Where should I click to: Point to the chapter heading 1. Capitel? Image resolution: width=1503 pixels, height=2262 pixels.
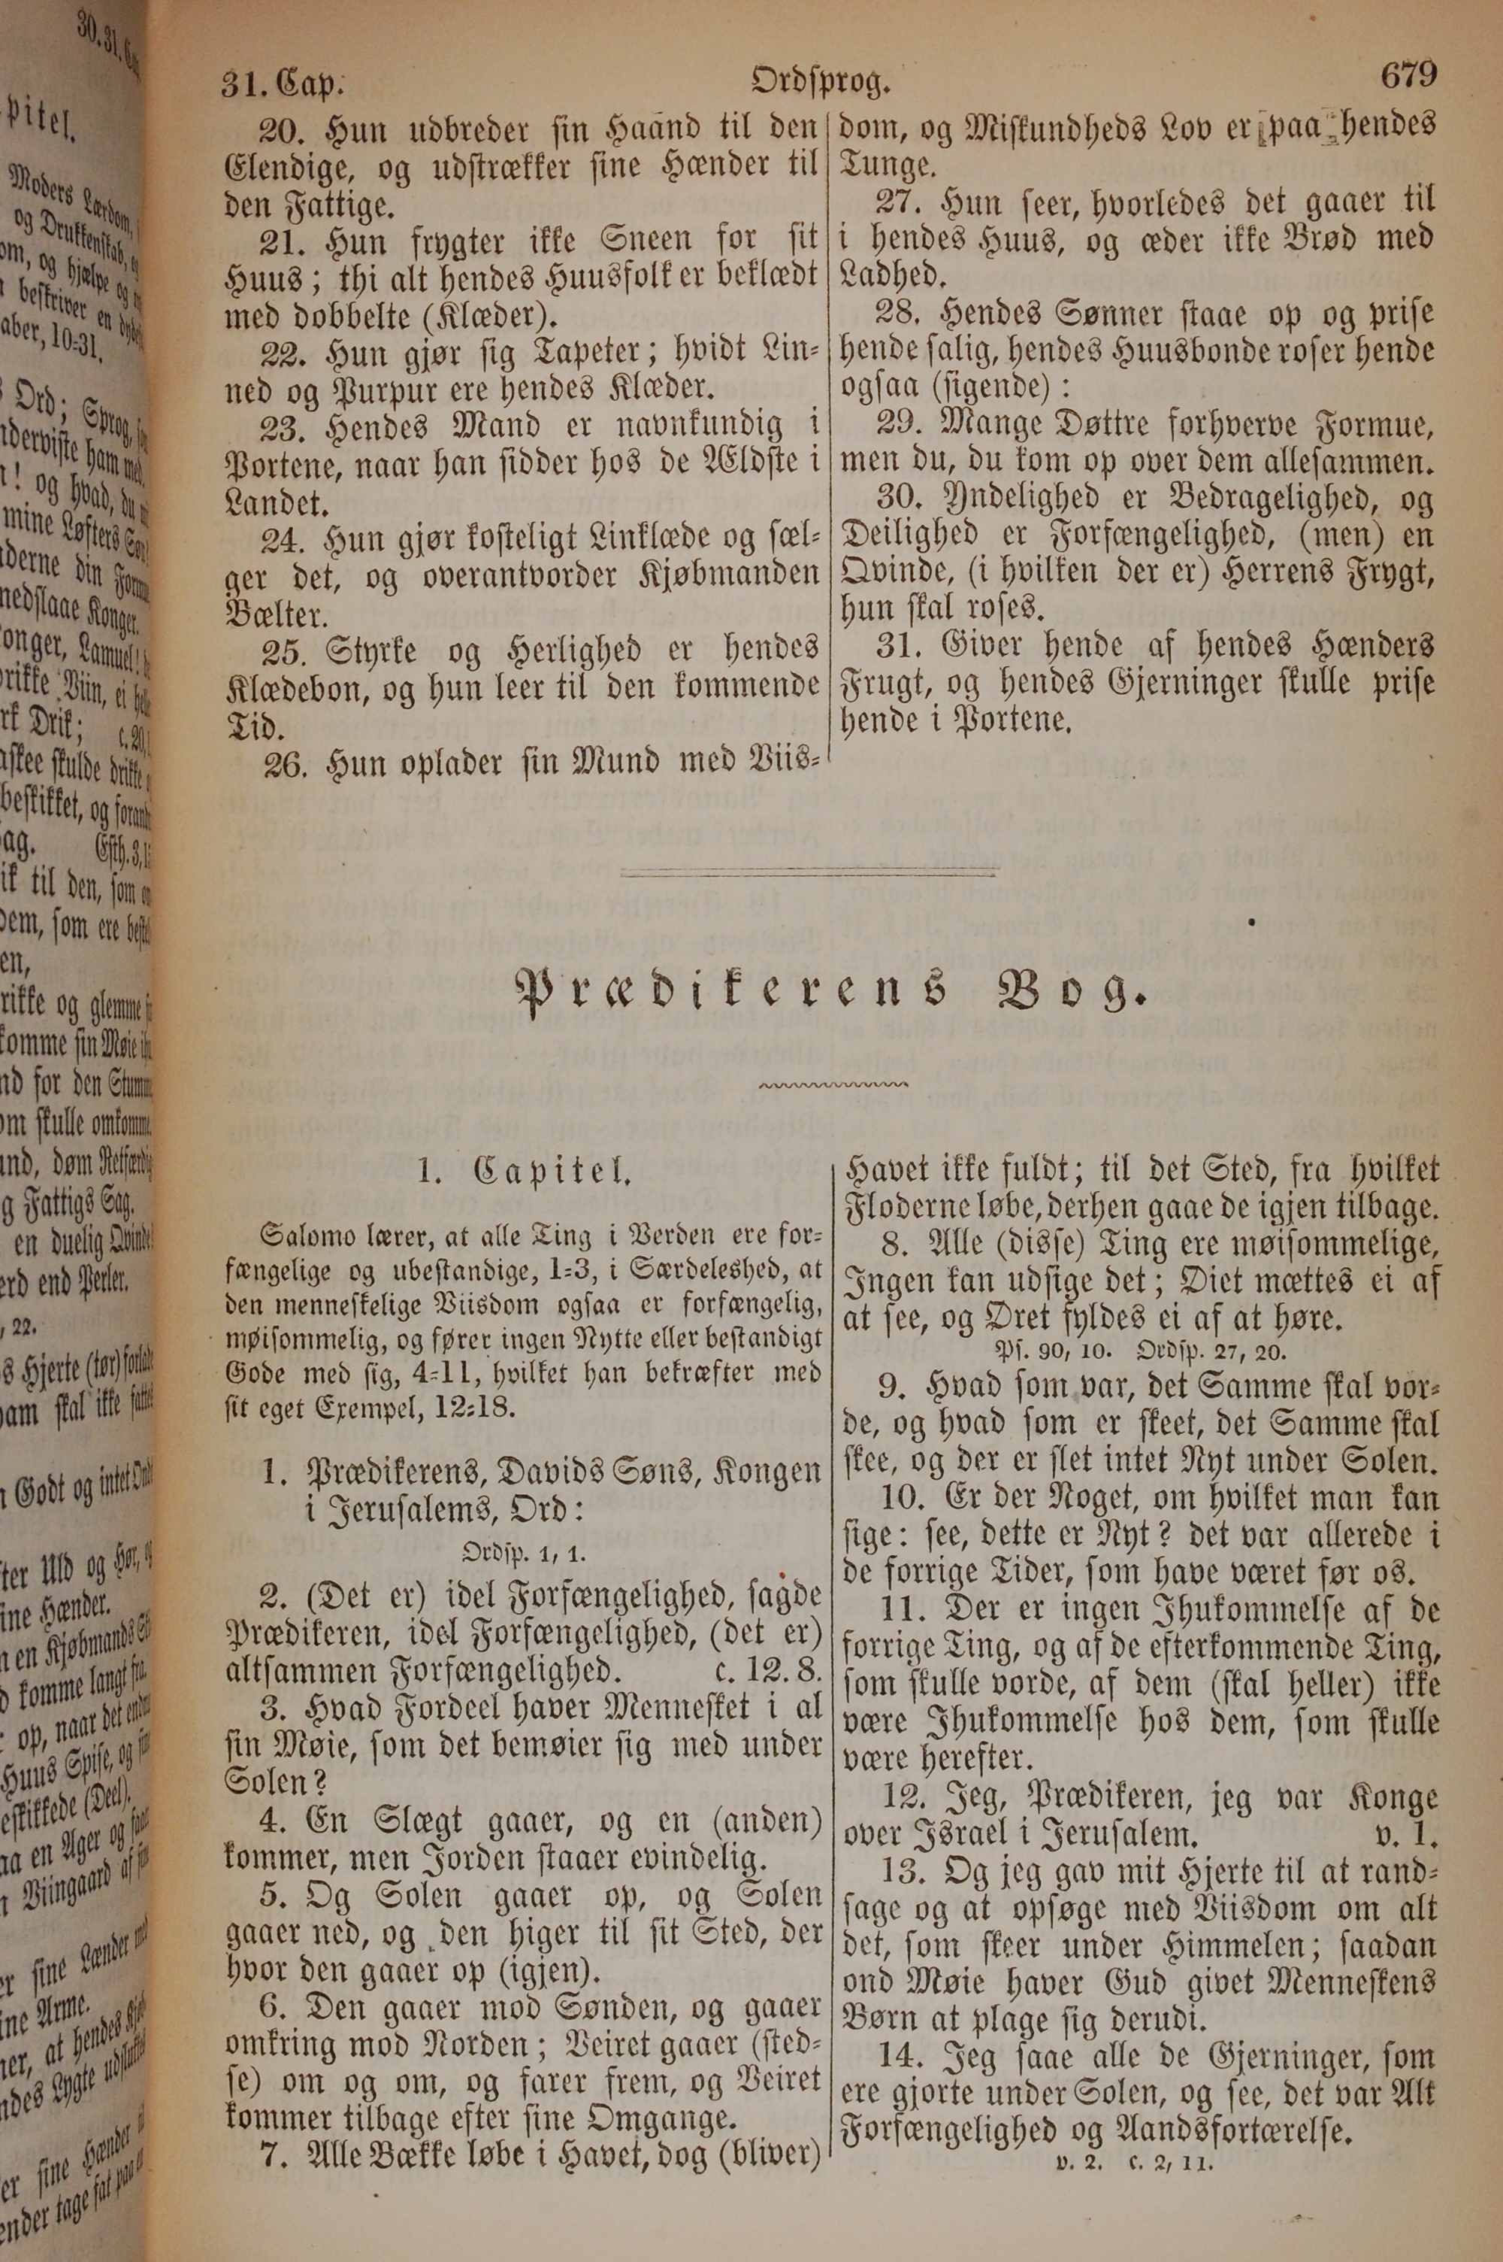[525, 1171]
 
